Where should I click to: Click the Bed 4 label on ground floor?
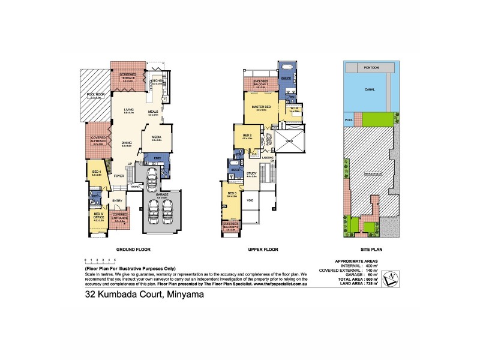point(96,172)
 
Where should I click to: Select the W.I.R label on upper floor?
point(293,109)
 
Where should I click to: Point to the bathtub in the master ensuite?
point(286,67)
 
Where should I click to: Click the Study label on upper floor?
point(251,173)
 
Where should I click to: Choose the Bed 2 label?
point(247,136)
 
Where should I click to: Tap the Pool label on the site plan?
point(349,119)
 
